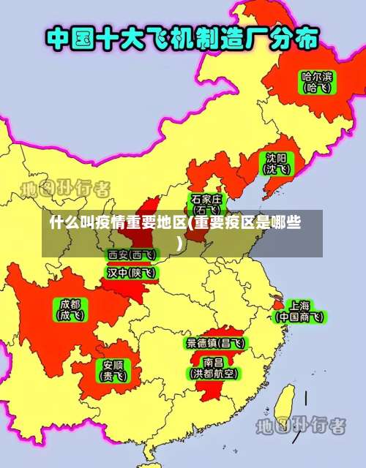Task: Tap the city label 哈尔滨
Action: (316, 75)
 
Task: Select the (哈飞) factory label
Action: (316, 88)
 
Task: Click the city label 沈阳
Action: (276, 157)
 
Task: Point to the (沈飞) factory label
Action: (276, 169)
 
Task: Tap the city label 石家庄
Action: (206, 199)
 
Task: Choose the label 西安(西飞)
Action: (132, 254)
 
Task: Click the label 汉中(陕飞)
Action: (132, 272)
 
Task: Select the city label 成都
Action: (71, 303)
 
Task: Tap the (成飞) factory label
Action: (71, 316)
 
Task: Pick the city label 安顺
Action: (113, 364)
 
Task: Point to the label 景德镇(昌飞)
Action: (215, 342)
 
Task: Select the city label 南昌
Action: (214, 362)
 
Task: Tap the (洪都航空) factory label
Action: (214, 374)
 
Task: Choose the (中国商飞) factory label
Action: (299, 317)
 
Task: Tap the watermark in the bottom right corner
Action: (300, 425)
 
